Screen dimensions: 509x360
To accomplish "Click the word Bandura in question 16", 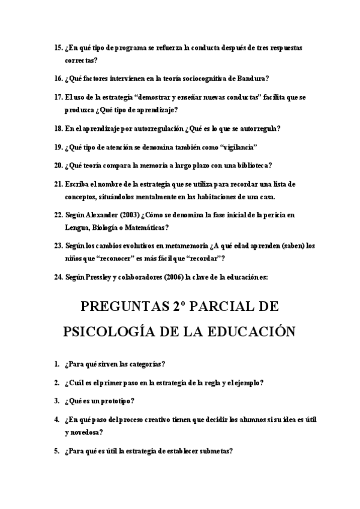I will point(253,78).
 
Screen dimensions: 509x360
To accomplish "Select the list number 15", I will point(58,47).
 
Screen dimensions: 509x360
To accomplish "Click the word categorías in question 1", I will point(146,364).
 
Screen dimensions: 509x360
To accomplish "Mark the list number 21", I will point(58,184).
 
